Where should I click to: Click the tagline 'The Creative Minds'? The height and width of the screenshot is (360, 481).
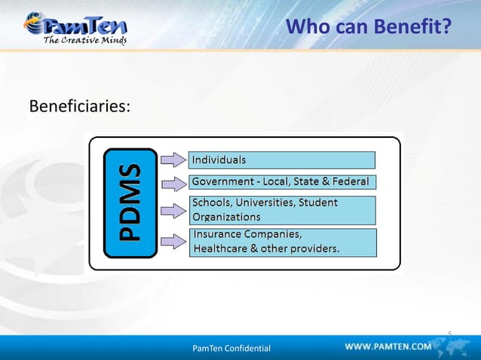click(84, 40)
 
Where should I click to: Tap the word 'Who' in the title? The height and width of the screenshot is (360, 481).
click(307, 28)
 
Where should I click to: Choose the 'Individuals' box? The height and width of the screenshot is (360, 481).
click(281, 160)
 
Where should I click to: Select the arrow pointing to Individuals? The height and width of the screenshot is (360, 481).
click(173, 159)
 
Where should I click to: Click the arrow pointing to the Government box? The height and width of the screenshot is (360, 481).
click(173, 183)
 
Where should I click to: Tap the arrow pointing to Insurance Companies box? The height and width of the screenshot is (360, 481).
click(173, 241)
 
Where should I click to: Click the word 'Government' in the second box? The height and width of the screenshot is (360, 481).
click(223, 182)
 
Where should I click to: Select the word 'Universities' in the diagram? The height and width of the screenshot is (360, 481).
click(268, 203)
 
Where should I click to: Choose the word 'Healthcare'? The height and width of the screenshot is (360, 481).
click(222, 248)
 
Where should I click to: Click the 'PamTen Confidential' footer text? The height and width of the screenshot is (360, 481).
click(231, 348)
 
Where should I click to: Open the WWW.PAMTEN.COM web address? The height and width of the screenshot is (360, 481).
click(388, 346)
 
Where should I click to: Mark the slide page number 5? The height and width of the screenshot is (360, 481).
click(449, 332)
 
